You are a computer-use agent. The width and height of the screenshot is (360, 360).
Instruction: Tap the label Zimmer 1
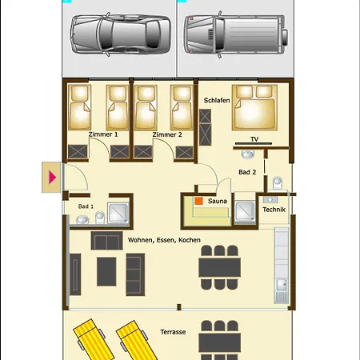coord(103,134)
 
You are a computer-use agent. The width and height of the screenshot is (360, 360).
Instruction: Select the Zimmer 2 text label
coord(167,134)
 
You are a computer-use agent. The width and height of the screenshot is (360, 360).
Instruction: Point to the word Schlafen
coord(217,99)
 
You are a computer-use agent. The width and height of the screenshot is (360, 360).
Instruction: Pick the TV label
coord(254,138)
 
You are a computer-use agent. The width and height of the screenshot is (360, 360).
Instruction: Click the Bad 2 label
coord(247,172)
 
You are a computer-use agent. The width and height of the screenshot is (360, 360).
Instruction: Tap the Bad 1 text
coord(86,206)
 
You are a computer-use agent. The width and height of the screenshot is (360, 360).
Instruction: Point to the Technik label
coord(274,210)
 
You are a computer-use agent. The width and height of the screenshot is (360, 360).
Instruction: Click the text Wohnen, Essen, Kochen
coord(164,239)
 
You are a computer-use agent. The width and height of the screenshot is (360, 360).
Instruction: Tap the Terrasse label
coord(172,332)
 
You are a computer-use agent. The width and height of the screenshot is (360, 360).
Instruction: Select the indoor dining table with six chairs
coord(219,266)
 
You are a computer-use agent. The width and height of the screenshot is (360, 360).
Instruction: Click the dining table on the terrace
coord(219,340)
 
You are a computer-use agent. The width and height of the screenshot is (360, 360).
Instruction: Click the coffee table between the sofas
coord(107,270)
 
